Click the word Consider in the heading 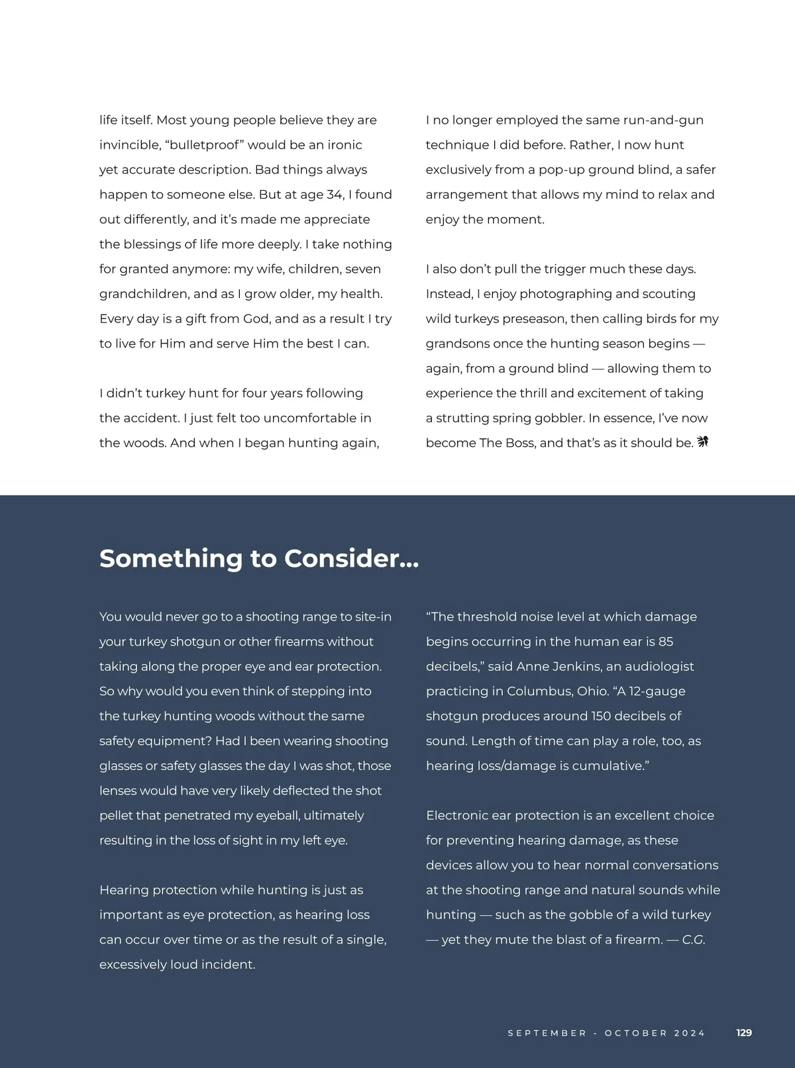point(342,559)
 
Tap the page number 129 point(744,1033)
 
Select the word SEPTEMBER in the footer point(547,1033)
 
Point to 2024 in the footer point(690,1033)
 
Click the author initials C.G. point(694,940)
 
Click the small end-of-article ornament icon point(703,442)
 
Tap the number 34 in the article point(335,195)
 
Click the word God point(256,319)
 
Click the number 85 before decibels point(666,642)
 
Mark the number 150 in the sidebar point(601,716)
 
